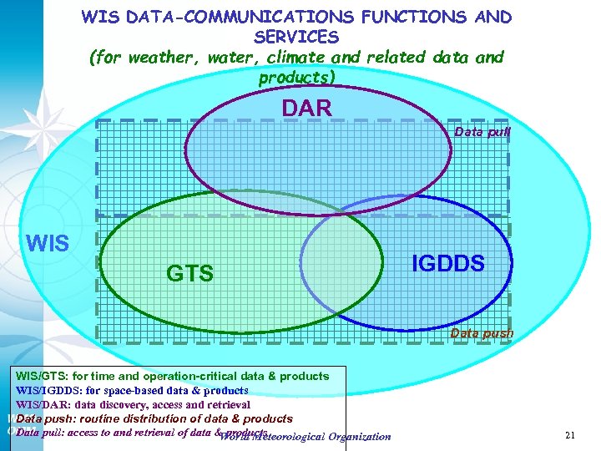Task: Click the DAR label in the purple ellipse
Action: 306,108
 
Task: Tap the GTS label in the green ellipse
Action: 189,273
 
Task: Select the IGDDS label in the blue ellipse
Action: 448,263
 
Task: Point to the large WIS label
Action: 48,244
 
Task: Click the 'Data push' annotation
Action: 482,333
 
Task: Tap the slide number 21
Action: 571,435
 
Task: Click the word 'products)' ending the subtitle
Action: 296,78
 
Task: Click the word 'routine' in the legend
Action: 104,418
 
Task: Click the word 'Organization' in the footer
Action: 360,436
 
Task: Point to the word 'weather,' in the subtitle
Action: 160,58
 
